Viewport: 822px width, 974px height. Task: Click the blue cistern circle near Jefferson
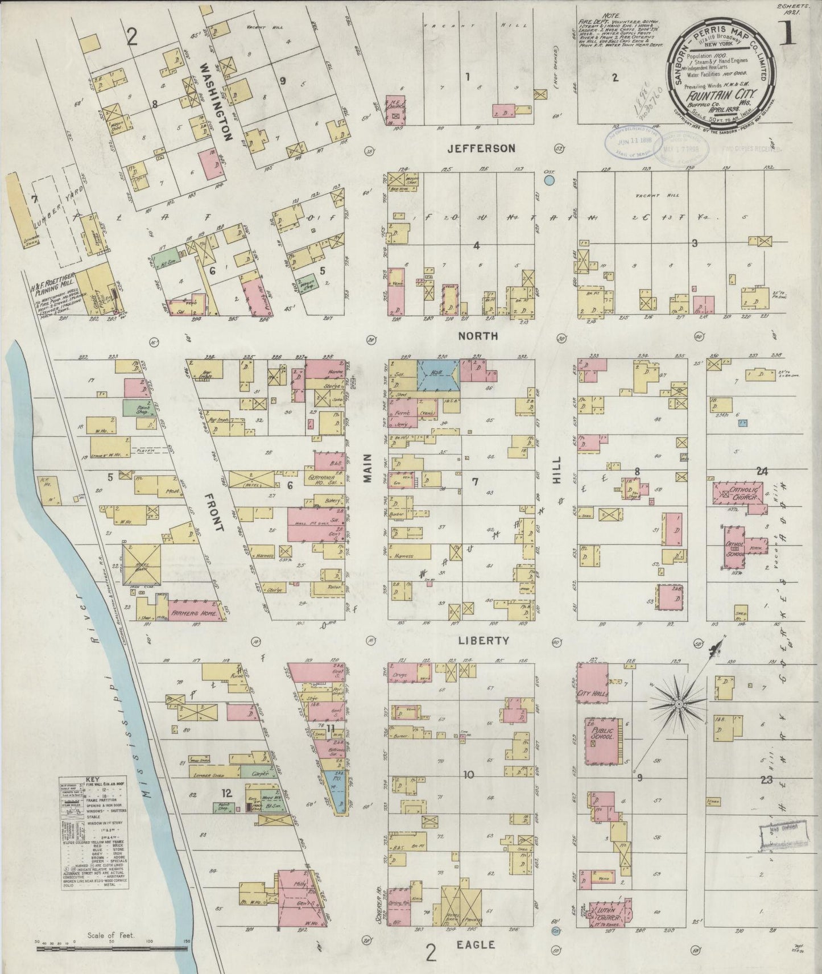pos(549,181)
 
